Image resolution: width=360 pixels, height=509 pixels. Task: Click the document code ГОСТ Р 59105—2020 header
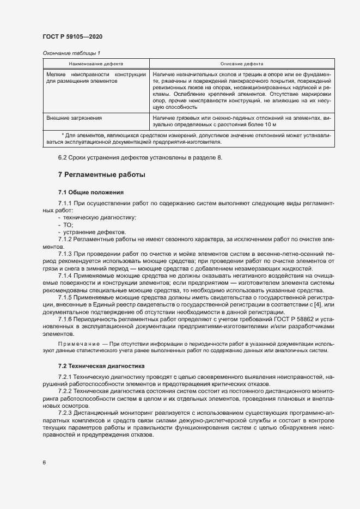coord(72,36)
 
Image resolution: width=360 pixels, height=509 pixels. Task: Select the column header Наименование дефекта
coord(96,63)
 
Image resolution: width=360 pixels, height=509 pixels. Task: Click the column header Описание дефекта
coord(242,63)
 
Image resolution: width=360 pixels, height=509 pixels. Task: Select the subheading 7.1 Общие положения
coord(91,193)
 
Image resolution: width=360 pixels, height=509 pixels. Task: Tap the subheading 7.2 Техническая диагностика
coord(101,366)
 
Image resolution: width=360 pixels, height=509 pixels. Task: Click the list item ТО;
coord(68,225)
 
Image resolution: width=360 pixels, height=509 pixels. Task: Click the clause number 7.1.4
coord(65,276)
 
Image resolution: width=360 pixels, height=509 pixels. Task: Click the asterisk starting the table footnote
coord(63,134)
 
